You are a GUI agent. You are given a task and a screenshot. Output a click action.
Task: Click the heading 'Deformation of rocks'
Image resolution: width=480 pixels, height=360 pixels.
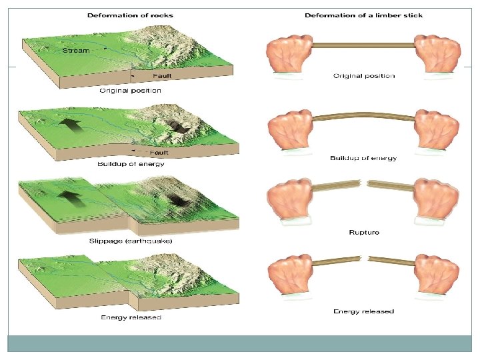(127, 15)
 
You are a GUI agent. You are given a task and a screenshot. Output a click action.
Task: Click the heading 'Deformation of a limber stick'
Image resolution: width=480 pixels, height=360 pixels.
(363, 15)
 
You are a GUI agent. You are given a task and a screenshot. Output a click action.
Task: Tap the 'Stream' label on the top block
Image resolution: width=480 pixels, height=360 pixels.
(75, 50)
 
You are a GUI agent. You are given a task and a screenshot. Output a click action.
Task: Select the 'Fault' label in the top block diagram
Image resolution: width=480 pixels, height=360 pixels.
(162, 77)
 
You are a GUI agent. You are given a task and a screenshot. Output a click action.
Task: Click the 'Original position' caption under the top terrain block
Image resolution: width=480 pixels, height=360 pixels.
(130, 91)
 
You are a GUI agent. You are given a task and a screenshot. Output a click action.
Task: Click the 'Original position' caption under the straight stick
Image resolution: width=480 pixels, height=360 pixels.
(363, 76)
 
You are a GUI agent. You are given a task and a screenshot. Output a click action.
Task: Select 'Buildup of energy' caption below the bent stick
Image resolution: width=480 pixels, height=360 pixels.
(363, 158)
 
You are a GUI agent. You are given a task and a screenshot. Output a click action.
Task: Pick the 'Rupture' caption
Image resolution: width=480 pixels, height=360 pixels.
(364, 233)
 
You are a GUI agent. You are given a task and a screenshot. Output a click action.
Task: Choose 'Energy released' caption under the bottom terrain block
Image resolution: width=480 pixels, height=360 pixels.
(131, 317)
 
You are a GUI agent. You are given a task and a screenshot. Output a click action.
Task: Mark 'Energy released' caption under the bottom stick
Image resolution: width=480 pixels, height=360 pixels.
(363, 311)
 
